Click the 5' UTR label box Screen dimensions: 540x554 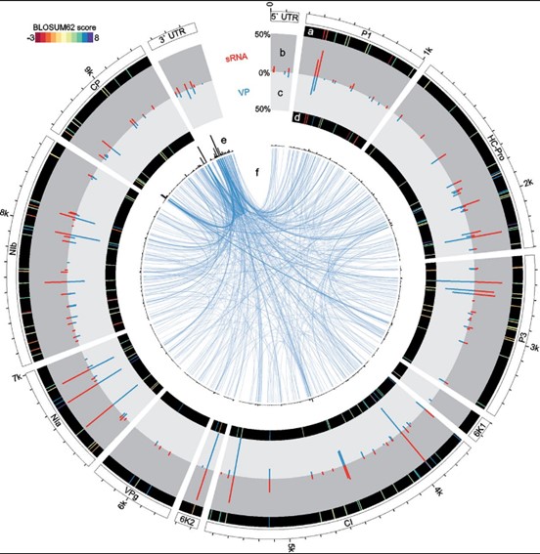285,18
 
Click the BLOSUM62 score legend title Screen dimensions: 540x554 65,27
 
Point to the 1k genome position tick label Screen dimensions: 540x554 427,52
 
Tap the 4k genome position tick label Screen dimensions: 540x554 439,490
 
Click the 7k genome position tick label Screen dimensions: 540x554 17,378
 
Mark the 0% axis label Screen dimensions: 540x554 264,73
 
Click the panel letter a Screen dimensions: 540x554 311,32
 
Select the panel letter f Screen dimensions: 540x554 257,172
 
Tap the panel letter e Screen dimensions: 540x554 223,141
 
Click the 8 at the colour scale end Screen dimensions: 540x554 96,38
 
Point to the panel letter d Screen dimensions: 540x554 297,118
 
